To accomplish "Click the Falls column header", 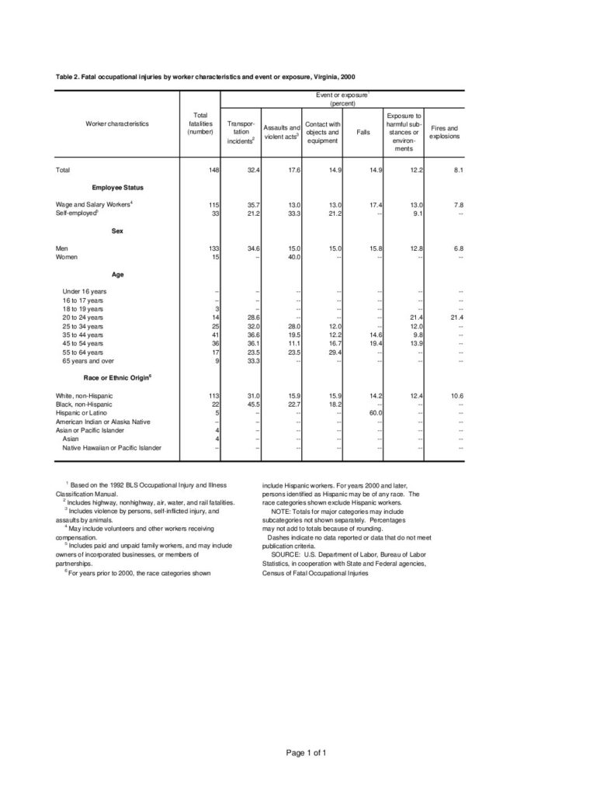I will pyautogui.click(x=363, y=132).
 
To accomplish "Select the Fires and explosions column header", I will pyautogui.click(x=445, y=132).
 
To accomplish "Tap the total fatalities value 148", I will pyautogui.click(x=213, y=169).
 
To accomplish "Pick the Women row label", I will pyautogui.click(x=68, y=257).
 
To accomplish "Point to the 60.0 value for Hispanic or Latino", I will pyautogui.click(x=374, y=414).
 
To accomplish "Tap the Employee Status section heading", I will pyautogui.click(x=117, y=187).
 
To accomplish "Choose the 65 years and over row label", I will pyautogui.click(x=88, y=361).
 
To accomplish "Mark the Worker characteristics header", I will pyautogui.click(x=117, y=123).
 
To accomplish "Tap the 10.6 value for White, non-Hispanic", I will pyautogui.click(x=454, y=396).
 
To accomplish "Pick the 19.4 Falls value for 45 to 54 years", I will pyautogui.click(x=374, y=343).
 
